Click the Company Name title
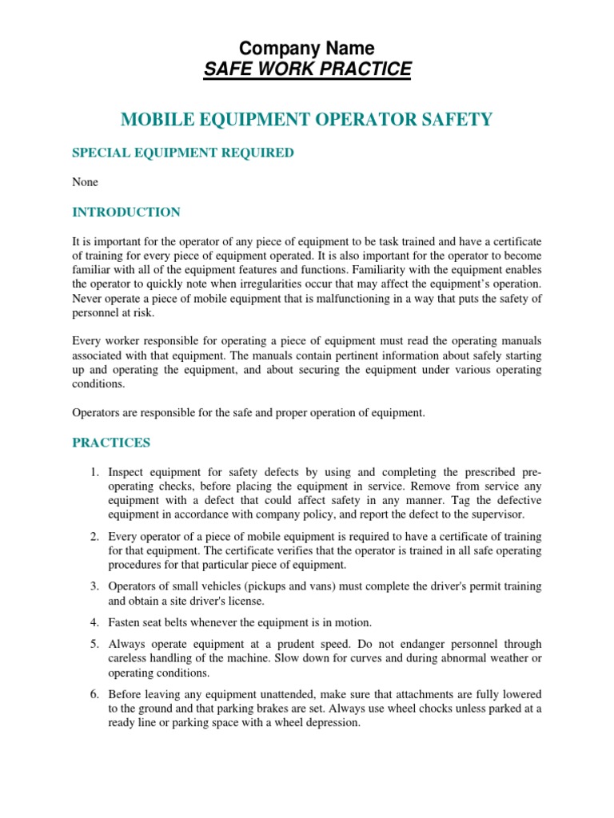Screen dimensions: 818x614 pyautogui.click(x=307, y=48)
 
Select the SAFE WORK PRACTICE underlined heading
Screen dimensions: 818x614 pyautogui.click(x=307, y=69)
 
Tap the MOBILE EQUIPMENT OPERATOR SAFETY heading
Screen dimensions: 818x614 pyautogui.click(x=307, y=120)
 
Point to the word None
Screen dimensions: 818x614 pyautogui.click(x=86, y=182)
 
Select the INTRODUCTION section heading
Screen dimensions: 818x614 pyautogui.click(x=126, y=212)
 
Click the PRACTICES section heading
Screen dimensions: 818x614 pyautogui.click(x=111, y=443)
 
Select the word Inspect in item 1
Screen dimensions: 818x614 pyautogui.click(x=127, y=472)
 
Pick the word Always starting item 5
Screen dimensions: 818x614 pyautogui.click(x=127, y=644)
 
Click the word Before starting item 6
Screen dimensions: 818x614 pyautogui.click(x=126, y=695)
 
